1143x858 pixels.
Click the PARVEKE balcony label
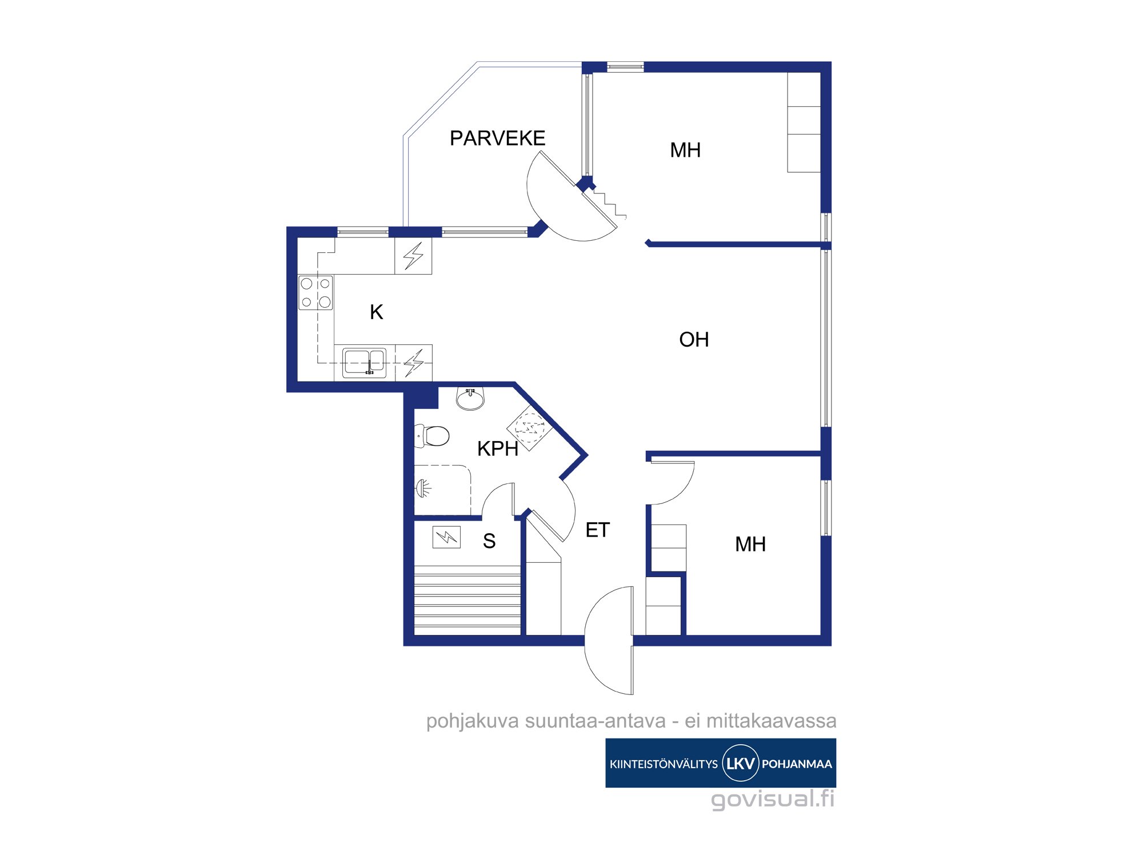[x=497, y=138]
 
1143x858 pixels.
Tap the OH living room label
[x=694, y=340]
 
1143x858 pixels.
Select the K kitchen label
[x=376, y=312]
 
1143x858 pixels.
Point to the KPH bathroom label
[x=498, y=449]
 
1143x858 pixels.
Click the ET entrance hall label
[x=598, y=530]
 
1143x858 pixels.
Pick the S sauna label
[x=489, y=541]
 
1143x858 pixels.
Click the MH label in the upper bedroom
[x=685, y=150]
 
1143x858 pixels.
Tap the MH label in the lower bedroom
[x=750, y=545]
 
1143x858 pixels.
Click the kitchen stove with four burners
[x=315, y=293]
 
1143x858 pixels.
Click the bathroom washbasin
[x=470, y=398]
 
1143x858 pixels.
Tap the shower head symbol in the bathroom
[x=423, y=488]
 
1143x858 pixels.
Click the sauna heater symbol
[x=446, y=537]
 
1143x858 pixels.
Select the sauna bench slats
[x=467, y=600]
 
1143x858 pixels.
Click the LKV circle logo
[x=741, y=763]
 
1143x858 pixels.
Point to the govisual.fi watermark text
[x=773, y=799]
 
